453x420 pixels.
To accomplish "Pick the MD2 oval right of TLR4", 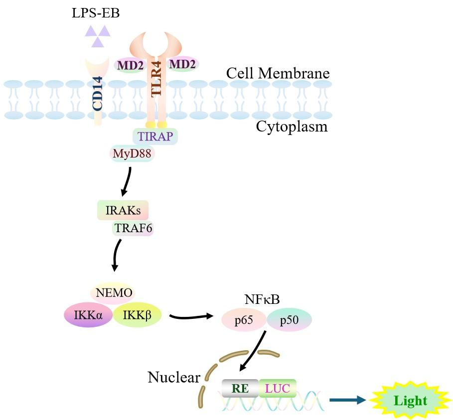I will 183,64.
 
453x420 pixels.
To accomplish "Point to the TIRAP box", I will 154,136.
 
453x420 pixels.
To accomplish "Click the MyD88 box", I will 132,153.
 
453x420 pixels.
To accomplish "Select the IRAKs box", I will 123,211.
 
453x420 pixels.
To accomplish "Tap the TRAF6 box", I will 133,228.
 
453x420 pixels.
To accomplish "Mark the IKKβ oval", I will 138,315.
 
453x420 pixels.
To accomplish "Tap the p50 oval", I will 289,320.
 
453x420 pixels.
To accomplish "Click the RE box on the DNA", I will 240,388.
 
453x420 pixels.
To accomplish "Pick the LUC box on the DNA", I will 278,388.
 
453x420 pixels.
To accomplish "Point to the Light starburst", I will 410,400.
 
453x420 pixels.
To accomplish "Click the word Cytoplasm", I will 292,127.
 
